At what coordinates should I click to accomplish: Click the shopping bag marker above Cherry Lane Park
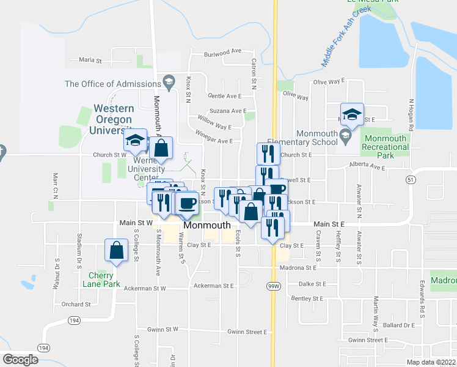pos(116,250)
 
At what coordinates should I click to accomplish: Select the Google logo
pos(20,360)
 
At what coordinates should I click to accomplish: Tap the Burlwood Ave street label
pos(224,53)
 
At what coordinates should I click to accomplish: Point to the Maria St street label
pos(90,60)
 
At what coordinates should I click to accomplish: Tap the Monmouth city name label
pos(207,225)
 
